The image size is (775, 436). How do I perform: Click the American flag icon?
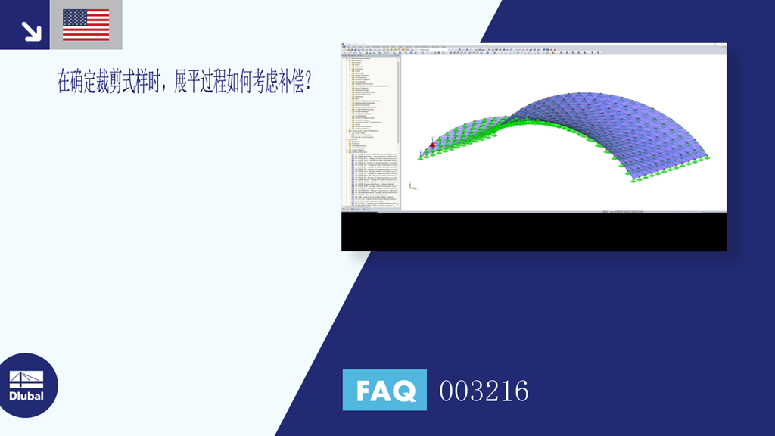coord(86,24)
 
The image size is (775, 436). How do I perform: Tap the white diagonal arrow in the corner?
coord(31,30)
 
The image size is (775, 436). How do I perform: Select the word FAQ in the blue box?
coord(384,391)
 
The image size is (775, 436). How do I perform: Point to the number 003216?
coord(484,391)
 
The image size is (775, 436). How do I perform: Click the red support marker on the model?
coord(432,145)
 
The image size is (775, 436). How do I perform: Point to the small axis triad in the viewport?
coord(411,185)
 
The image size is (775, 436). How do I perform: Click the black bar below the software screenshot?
coord(534,232)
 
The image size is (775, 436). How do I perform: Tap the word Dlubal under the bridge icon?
coord(26,396)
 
